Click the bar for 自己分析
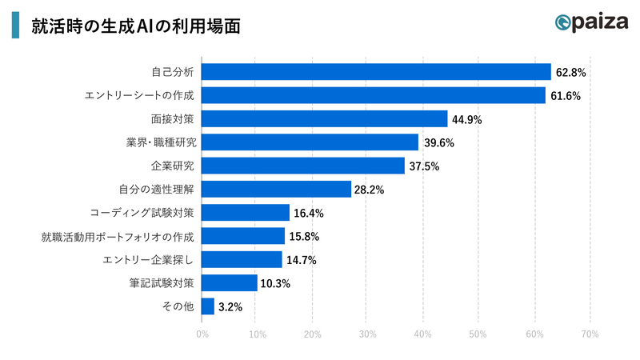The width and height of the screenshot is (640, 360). coord(376,72)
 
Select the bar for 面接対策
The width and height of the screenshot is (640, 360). coord(324,119)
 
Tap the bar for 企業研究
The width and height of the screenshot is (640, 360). coord(303,166)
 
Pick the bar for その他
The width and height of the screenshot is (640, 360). coord(208,306)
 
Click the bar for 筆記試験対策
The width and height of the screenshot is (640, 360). coord(230,283)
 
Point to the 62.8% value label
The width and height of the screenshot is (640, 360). coord(571,73)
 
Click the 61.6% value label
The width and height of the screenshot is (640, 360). coord(565,96)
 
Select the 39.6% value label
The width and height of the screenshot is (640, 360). coord(438,143)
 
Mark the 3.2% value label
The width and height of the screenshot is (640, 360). coord(230,307)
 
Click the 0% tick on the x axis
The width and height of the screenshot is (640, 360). coord(202,334)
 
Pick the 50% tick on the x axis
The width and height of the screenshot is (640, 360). coord(478,334)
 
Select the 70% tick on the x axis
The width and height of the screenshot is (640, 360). coord(589,334)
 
